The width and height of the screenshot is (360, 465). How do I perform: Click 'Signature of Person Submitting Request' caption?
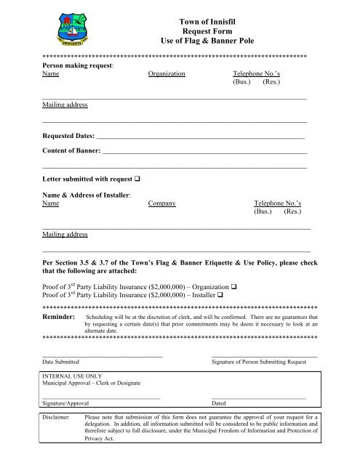(263, 361)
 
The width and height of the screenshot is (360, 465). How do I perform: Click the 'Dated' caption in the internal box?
(218, 402)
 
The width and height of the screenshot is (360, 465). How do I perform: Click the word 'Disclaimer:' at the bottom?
(57, 418)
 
